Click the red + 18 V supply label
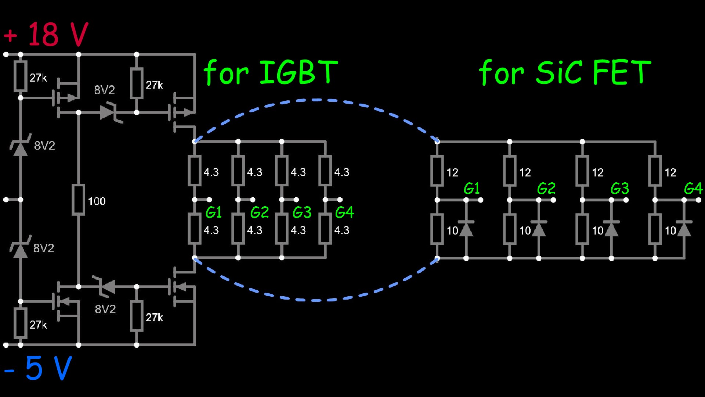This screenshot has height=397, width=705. [46, 34]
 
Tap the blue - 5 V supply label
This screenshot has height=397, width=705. [38, 368]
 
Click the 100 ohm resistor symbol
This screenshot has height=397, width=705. [78, 200]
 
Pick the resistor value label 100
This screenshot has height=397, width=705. [97, 201]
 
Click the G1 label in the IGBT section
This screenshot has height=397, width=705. [213, 212]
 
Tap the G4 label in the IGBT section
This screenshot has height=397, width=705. [344, 212]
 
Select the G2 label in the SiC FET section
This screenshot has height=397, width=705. [546, 189]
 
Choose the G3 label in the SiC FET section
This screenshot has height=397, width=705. [619, 189]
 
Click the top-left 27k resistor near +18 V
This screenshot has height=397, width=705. [21, 76]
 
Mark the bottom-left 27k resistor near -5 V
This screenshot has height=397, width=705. [21, 323]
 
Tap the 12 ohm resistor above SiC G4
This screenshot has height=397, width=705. [655, 171]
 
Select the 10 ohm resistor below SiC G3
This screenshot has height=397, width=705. [582, 229]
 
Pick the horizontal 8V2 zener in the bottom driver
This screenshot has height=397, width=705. [108, 286]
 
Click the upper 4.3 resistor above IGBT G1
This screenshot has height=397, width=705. [195, 171]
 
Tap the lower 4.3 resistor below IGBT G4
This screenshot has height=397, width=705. [325, 229]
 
